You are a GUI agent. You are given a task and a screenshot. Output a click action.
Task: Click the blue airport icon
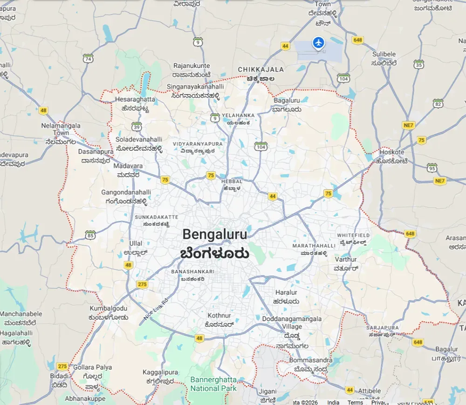[319, 43]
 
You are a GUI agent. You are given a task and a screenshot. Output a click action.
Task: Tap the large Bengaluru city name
[215, 234]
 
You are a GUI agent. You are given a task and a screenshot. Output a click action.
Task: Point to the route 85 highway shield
[90, 235]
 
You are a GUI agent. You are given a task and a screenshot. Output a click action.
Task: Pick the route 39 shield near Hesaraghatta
[137, 126]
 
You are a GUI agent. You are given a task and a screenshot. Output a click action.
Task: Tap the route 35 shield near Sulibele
[418, 64]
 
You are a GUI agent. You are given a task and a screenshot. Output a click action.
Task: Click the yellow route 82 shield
[438, 103]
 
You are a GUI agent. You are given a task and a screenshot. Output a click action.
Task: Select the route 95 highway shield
[432, 168]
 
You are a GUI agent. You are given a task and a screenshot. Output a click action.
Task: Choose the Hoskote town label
[392, 152]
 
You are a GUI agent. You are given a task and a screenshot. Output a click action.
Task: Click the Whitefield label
[353, 236]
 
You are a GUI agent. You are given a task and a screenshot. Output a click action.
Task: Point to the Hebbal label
[232, 181]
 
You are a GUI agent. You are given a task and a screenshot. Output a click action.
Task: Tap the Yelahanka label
[238, 115]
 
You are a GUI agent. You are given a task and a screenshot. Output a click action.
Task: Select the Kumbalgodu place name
[109, 308]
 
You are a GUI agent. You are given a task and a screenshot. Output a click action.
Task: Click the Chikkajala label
[260, 69]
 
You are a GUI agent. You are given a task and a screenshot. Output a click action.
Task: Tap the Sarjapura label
[383, 328]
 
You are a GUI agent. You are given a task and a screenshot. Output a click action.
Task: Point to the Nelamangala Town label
[61, 129]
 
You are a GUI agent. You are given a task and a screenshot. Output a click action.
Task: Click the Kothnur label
[219, 316]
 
